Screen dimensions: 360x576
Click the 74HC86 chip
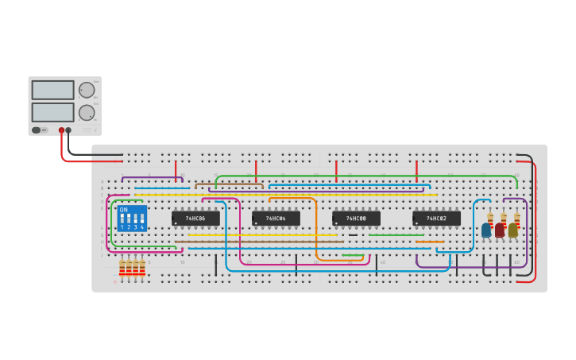195,218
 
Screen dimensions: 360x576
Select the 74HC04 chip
276,218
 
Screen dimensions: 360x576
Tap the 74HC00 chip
356,218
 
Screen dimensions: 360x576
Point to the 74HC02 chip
436,218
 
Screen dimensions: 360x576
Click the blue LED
486,230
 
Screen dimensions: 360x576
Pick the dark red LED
500,230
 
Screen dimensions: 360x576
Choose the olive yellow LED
513,230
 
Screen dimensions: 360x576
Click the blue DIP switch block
132,218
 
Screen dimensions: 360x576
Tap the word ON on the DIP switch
123,210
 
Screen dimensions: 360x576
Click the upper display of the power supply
52,90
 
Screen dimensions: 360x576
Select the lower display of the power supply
52,112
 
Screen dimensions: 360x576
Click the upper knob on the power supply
86,90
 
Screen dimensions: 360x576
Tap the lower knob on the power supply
86,112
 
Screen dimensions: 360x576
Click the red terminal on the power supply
61,130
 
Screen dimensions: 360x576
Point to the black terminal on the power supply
68,130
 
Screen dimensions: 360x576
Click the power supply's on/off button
37,130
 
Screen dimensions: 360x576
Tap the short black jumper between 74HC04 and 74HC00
353,235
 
